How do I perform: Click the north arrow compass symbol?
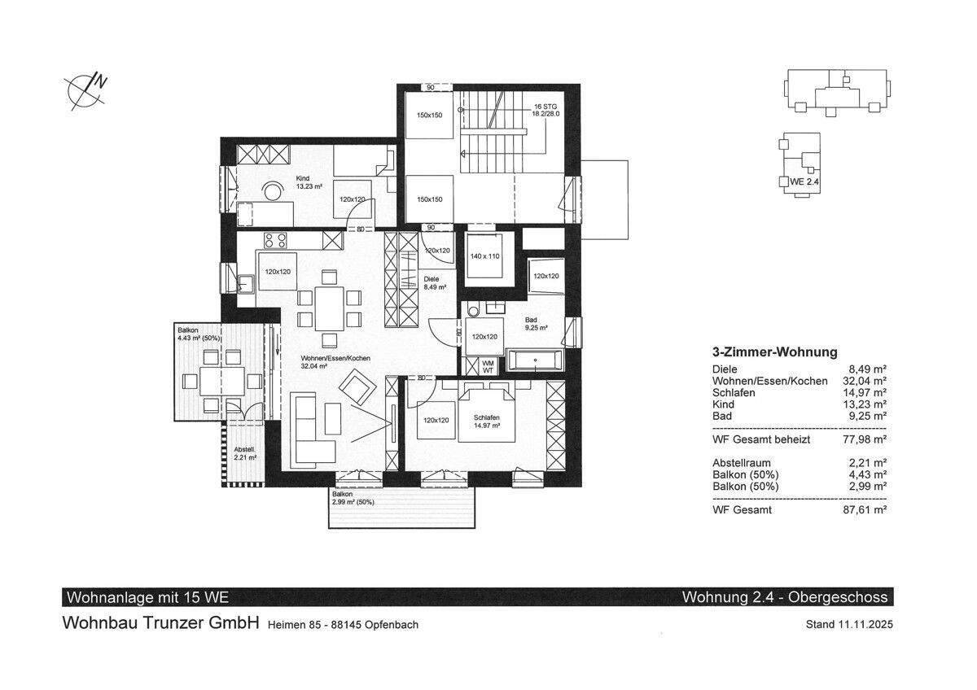[86, 93]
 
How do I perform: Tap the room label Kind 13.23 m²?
[309, 182]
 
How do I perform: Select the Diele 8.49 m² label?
[435, 283]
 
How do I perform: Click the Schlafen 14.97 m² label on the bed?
[487, 421]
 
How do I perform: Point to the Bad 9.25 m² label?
[536, 324]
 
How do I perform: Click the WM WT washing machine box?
[488, 367]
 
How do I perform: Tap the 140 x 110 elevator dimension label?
[484, 256]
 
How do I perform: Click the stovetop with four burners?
[276, 240]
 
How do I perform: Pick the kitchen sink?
[246, 283]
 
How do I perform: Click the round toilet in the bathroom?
[472, 310]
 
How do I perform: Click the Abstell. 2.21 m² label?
[245, 453]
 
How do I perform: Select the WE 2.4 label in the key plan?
[804, 181]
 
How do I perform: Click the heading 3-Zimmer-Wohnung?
[774, 352]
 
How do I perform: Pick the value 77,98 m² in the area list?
[865, 439]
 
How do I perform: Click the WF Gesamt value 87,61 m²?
[865, 509]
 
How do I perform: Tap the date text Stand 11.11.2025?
[849, 624]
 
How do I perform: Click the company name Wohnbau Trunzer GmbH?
[161, 622]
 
